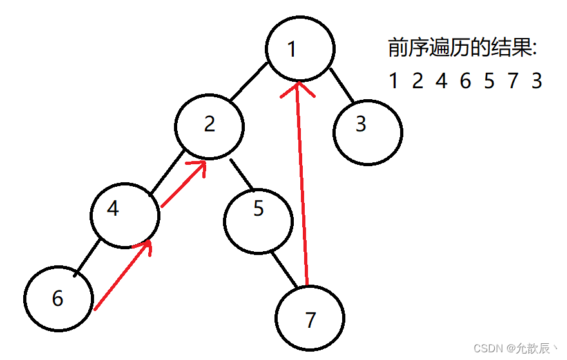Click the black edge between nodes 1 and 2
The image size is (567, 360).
249,82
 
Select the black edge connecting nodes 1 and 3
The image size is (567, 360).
341,85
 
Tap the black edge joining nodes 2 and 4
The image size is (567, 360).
168,172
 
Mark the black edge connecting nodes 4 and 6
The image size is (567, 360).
87,258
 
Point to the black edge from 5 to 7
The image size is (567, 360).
284,270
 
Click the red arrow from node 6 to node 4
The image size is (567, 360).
122,276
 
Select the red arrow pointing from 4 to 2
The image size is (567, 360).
183,184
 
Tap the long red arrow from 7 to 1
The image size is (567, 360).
303,184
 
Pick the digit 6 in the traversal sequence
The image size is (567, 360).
465,81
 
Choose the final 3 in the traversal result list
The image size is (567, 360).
537,81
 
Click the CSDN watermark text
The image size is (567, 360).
515,348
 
